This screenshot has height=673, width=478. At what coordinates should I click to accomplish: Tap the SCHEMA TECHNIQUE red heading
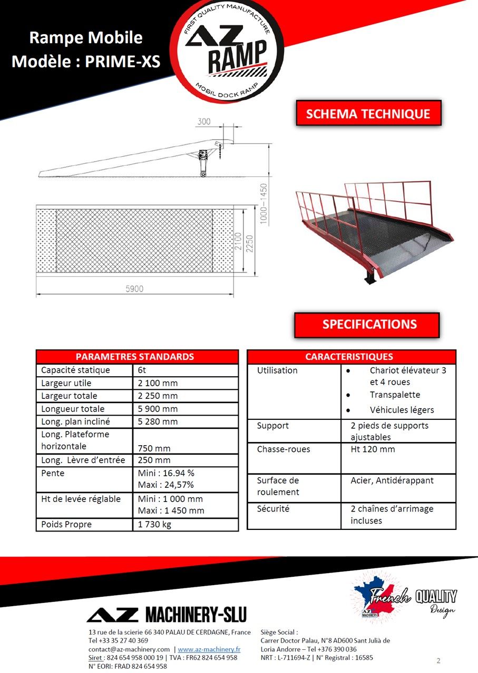(368, 114)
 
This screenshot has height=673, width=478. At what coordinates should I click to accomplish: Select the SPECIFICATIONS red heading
(369, 324)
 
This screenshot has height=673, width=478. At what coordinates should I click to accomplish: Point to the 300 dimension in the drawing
(204, 122)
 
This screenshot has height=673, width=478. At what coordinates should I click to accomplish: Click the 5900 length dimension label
(135, 289)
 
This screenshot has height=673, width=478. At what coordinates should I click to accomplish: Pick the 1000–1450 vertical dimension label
(264, 205)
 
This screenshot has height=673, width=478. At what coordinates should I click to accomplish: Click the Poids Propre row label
(66, 524)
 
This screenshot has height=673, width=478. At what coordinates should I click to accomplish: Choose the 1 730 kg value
(154, 524)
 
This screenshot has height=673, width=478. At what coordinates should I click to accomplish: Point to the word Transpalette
(395, 395)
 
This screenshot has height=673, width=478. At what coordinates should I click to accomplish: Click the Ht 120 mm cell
(373, 449)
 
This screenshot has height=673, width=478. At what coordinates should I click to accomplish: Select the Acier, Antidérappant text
(392, 480)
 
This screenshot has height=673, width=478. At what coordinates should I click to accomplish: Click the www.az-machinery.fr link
(209, 649)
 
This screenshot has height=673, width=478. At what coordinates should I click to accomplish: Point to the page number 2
(438, 660)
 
